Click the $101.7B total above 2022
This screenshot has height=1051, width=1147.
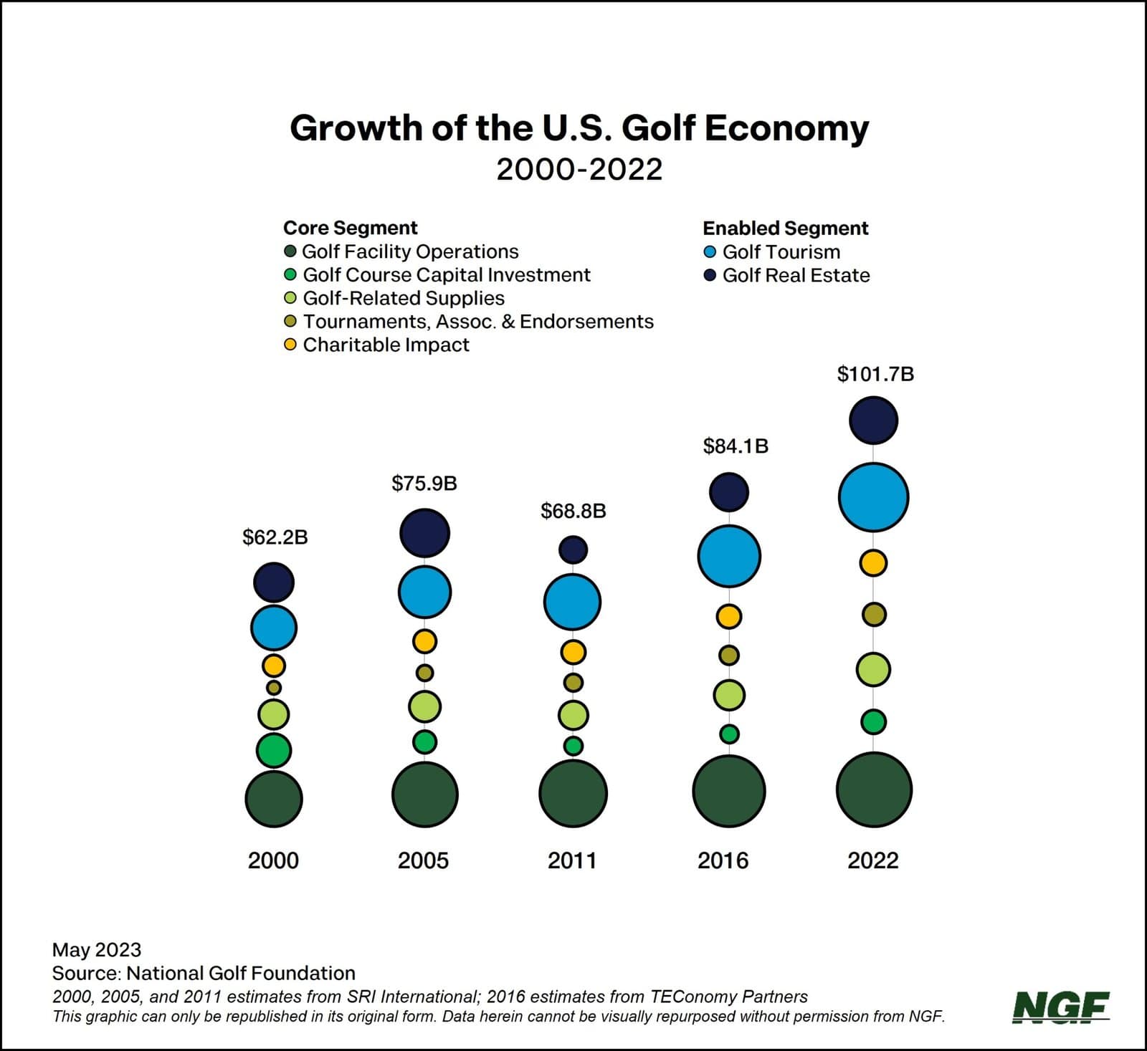[875, 374]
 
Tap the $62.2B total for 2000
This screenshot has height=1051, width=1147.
[275, 537]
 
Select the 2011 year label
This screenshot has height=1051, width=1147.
[572, 860]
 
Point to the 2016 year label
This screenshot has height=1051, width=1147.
[723, 860]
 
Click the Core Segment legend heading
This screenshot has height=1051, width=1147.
[350, 228]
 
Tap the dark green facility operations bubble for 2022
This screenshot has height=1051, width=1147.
[874, 790]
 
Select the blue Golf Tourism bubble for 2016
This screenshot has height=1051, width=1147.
[729, 556]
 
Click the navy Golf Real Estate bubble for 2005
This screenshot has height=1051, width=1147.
[424, 533]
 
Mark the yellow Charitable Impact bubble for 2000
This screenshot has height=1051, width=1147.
[273, 666]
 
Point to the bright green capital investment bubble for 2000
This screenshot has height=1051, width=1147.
[274, 750]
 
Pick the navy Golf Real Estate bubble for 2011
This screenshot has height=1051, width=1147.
[573, 550]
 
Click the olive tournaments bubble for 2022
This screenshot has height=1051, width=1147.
[874, 614]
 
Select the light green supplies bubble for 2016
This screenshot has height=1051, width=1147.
[729, 694]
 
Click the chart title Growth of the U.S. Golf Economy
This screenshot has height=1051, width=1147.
[579, 129]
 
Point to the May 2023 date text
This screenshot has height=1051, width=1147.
[97, 950]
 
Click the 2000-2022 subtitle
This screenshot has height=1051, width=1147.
[579, 170]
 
